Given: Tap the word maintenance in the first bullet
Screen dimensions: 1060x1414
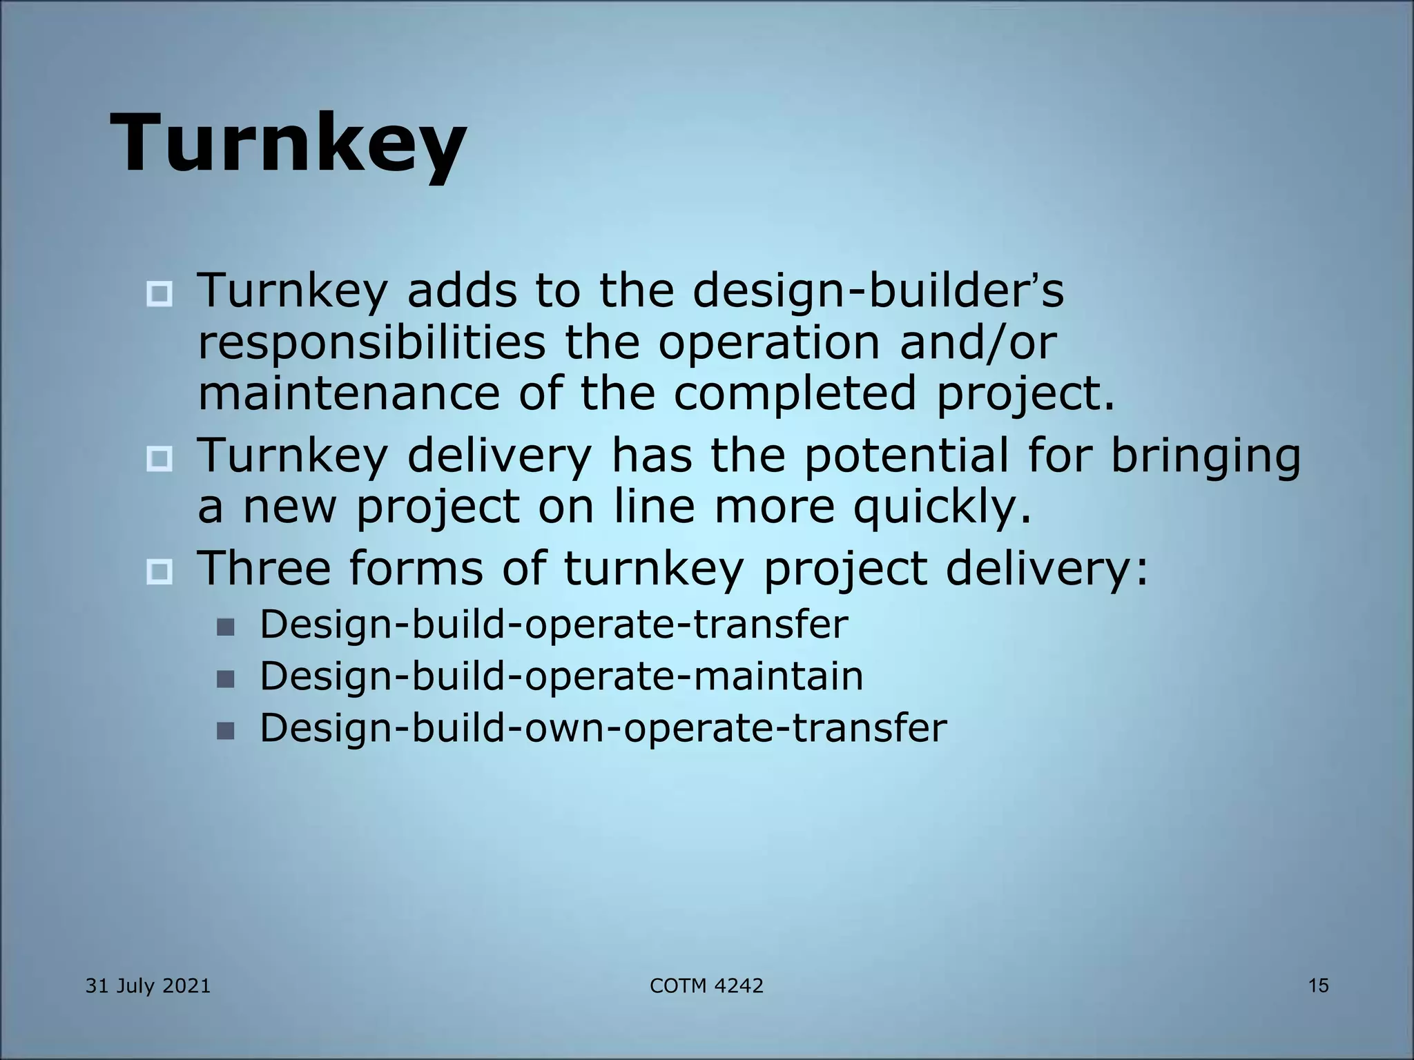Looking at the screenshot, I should coord(349,393).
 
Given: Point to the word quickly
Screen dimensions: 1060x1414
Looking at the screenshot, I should coord(942,507).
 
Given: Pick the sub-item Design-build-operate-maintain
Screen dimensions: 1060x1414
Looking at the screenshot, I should coord(561,676).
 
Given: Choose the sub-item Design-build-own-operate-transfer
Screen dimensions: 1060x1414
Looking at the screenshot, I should coord(603,727).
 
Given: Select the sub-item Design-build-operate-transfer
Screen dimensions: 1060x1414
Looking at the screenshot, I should coord(554,624).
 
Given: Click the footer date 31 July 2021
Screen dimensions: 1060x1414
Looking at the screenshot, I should coord(148,986).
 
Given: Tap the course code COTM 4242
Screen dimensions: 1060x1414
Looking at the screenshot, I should coord(706,986).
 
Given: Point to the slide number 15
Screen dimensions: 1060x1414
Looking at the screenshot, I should coord(1318,986).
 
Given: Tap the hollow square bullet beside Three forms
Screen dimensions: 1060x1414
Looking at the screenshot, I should coord(159,572).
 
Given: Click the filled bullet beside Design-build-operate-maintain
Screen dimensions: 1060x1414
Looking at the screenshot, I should coord(225,679).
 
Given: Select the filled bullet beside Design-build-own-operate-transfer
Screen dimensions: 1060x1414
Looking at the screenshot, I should coord(225,731).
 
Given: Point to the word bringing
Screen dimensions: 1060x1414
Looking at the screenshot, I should coord(1207,457).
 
